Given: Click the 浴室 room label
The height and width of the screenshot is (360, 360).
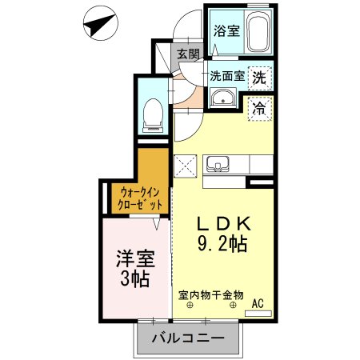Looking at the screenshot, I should click(226, 31).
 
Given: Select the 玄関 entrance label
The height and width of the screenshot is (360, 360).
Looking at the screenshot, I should click(188, 54).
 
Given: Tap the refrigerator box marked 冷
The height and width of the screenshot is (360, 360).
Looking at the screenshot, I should click(260, 105).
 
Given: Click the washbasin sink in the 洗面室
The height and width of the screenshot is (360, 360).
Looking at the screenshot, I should click(222, 99).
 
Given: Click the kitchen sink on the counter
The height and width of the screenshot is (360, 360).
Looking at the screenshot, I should click(216, 165).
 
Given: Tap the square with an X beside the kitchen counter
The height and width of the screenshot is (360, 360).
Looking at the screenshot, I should click(186, 165).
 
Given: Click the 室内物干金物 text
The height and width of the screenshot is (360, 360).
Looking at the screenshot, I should click(210, 294).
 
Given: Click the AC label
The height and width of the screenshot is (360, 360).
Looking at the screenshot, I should click(258, 303).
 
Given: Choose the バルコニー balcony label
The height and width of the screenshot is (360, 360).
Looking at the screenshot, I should click(187, 338).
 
